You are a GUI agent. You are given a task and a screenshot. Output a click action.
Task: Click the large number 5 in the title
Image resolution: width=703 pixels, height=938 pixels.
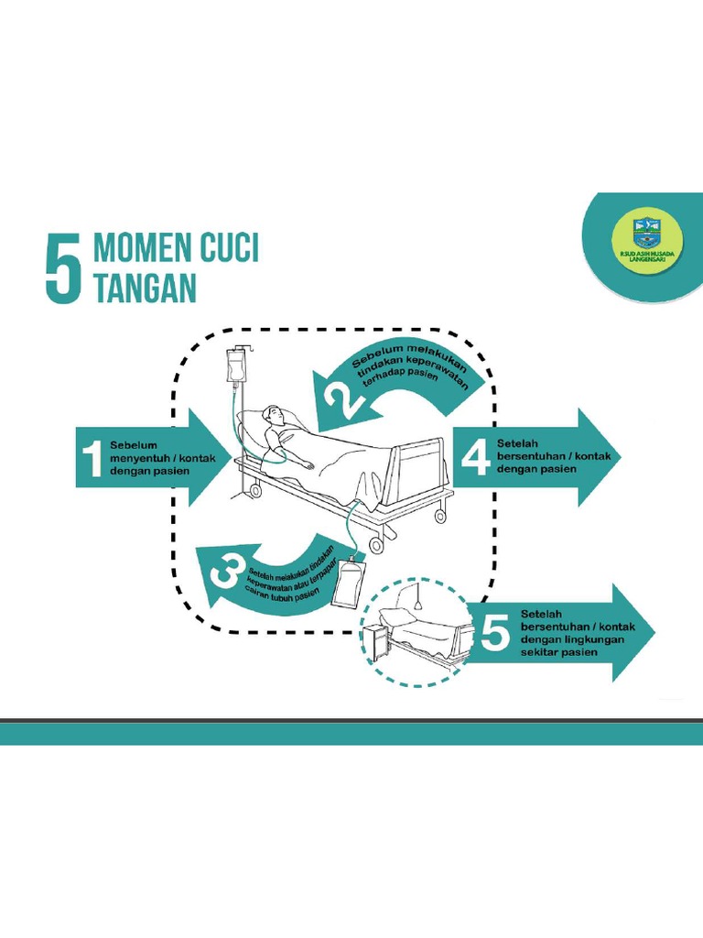pos(64,266)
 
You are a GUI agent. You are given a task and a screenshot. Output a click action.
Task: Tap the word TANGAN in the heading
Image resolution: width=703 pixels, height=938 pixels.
pos(146,289)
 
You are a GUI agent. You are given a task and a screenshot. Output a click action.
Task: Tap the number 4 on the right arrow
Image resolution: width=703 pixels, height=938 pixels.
pos(475,455)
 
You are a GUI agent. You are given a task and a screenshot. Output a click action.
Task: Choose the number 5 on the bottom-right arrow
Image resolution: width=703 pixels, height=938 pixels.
pos(495,632)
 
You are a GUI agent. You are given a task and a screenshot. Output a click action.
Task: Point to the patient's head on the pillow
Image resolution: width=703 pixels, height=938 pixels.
pos(274,417)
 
